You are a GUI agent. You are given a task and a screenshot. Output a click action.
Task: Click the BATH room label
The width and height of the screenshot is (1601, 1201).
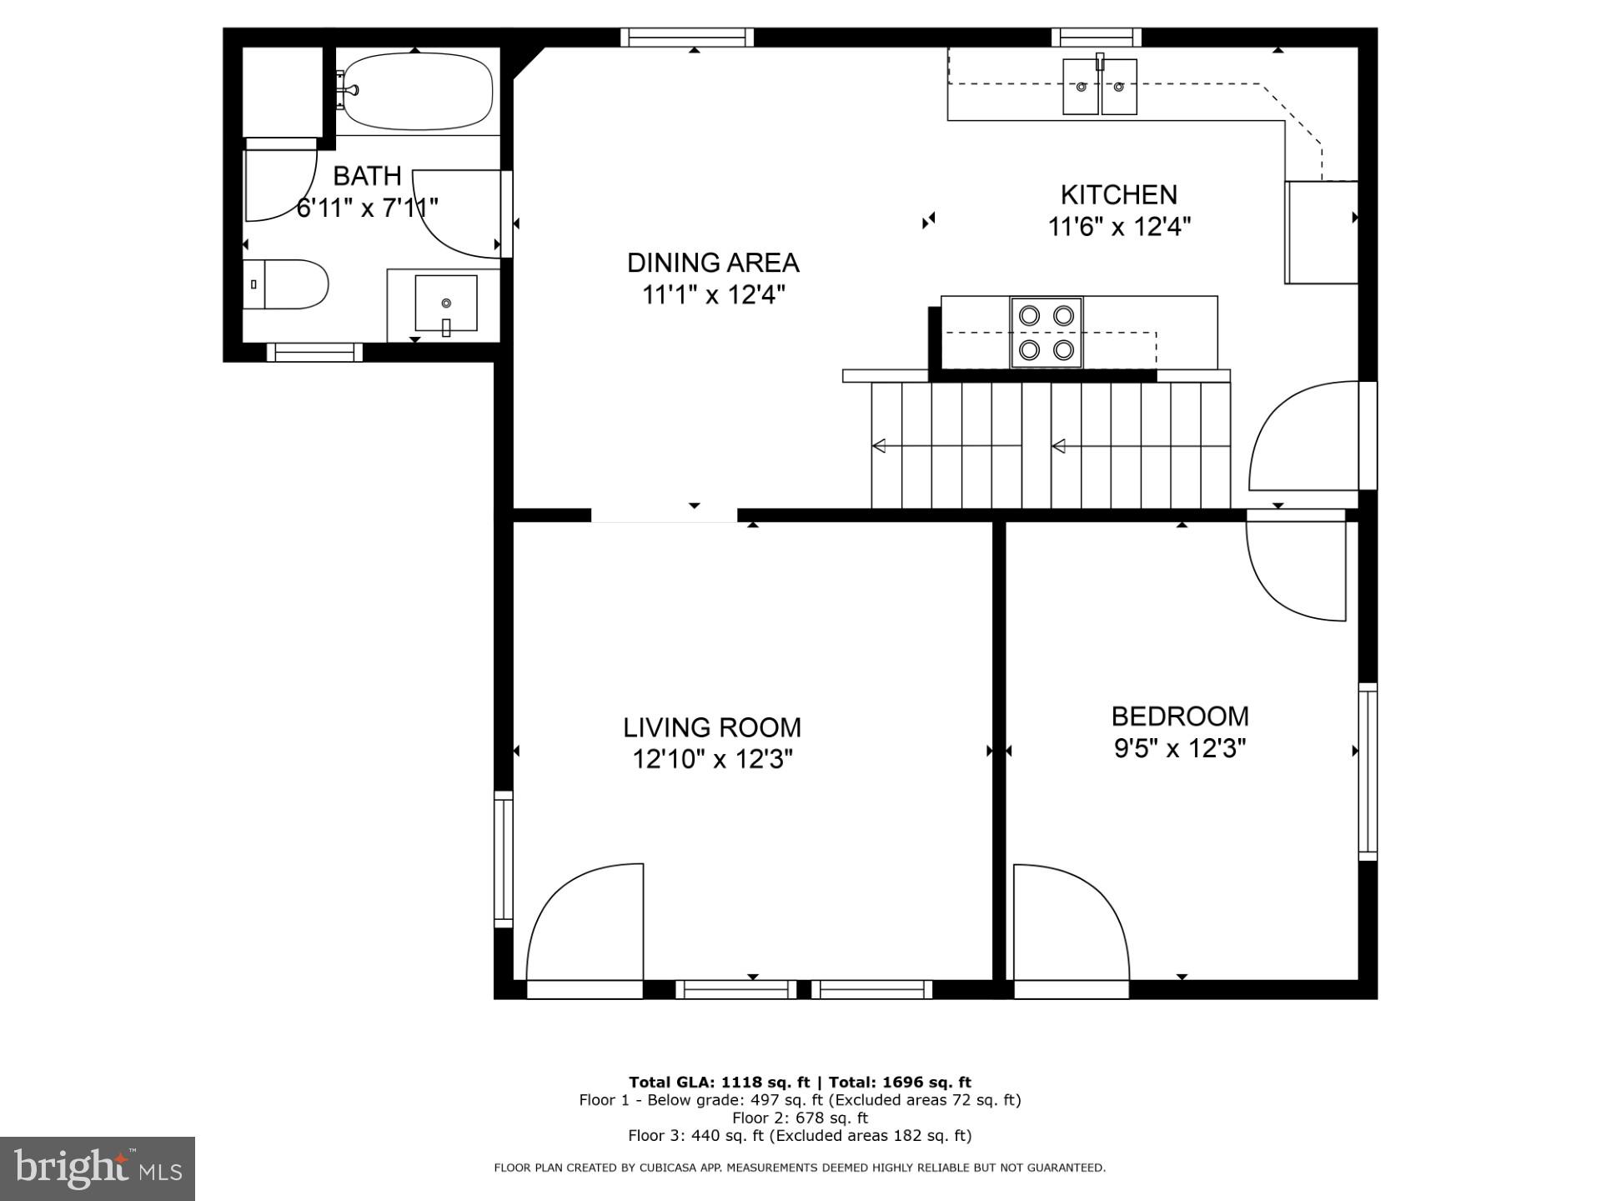pyautogui.click(x=367, y=176)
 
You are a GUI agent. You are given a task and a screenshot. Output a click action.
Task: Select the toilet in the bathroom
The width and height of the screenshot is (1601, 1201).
pyautogui.click(x=288, y=284)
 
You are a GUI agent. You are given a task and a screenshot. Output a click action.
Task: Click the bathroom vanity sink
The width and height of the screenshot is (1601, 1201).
pyautogui.click(x=446, y=304)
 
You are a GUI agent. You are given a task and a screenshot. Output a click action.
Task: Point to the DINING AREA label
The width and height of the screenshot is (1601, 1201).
pyautogui.click(x=713, y=263)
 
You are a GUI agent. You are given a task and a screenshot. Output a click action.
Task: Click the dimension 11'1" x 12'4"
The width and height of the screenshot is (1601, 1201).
pyautogui.click(x=713, y=294)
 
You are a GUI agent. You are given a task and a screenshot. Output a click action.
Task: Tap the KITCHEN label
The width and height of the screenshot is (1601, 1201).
pyautogui.click(x=1118, y=194)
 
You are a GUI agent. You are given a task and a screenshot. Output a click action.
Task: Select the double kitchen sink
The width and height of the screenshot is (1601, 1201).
pyautogui.click(x=1100, y=87)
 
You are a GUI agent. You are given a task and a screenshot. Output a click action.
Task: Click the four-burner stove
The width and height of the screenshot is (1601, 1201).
pyautogui.click(x=1046, y=333)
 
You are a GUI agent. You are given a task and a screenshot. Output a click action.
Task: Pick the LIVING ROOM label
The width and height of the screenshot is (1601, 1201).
pyautogui.click(x=712, y=727)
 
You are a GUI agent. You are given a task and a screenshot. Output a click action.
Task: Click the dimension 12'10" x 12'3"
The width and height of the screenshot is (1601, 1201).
pyautogui.click(x=712, y=759)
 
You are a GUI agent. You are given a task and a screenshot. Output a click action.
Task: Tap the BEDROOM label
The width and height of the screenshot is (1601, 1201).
pyautogui.click(x=1180, y=716)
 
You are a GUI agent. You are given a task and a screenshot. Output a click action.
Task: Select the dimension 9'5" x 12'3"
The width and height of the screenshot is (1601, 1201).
pyautogui.click(x=1180, y=748)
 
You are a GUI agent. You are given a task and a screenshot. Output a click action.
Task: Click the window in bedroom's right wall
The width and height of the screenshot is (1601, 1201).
pyautogui.click(x=1368, y=771)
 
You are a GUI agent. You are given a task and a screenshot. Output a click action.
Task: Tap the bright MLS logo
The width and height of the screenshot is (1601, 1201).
pyautogui.click(x=98, y=1168)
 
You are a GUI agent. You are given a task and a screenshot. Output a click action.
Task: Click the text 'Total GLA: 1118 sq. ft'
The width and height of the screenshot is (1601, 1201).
pyautogui.click(x=719, y=1083)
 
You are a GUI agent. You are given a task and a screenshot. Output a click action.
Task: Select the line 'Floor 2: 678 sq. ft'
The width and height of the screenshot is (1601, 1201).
pyautogui.click(x=800, y=1118)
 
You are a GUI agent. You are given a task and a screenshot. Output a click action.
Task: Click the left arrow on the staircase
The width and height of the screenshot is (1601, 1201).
pyautogui.click(x=879, y=446)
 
